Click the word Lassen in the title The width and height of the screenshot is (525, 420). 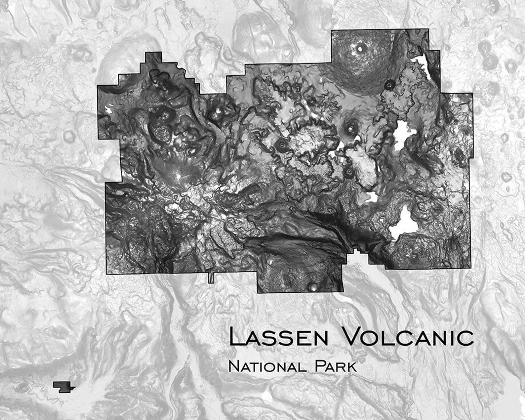pos(278,337)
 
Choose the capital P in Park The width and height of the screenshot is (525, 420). pos(319,366)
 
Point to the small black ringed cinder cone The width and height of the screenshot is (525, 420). pos(389,85)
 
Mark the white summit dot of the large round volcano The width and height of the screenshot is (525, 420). pos(359,50)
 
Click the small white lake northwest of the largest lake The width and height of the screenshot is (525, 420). pos(373,197)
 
